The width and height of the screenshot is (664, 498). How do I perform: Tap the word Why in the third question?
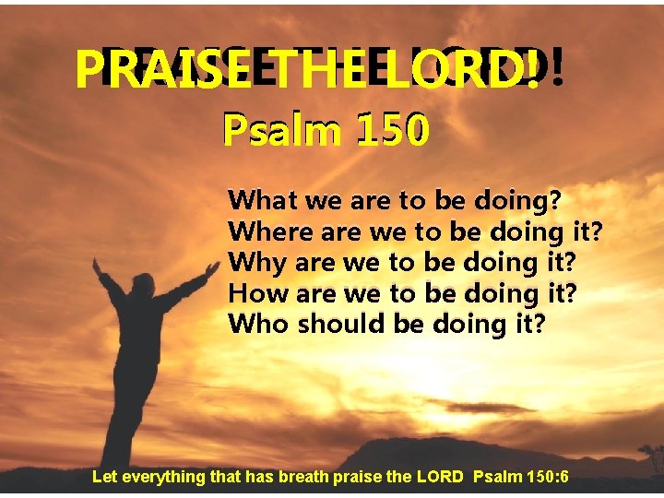point(257,262)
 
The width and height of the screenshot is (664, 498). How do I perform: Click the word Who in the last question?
point(258,325)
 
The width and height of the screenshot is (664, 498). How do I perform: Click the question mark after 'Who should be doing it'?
point(539,325)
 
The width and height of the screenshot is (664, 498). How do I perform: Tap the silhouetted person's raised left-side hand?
point(96,265)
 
